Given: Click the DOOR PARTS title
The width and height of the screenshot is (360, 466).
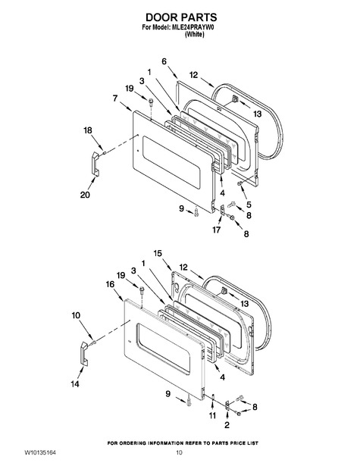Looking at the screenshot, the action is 181,17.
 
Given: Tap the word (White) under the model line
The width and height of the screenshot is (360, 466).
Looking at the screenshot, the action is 195,34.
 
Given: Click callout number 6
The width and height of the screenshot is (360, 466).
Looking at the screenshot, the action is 164,61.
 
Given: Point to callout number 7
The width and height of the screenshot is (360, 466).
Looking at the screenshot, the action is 115,98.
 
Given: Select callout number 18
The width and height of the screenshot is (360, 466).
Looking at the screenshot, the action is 88,130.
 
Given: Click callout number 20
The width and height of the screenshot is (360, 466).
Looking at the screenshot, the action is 85,195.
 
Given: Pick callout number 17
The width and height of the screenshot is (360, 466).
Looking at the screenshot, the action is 217,230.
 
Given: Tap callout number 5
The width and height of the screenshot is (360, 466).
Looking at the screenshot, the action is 249,205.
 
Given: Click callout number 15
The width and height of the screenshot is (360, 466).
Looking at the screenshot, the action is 158,253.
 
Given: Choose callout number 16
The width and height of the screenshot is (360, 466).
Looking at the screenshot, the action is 110,284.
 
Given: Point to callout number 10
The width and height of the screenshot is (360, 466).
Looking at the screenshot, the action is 76,315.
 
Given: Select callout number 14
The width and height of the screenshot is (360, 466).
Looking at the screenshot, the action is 75,384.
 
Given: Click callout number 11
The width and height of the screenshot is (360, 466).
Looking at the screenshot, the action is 212,415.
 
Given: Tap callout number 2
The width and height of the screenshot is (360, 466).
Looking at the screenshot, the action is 227,425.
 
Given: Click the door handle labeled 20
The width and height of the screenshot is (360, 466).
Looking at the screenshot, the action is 95,163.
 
